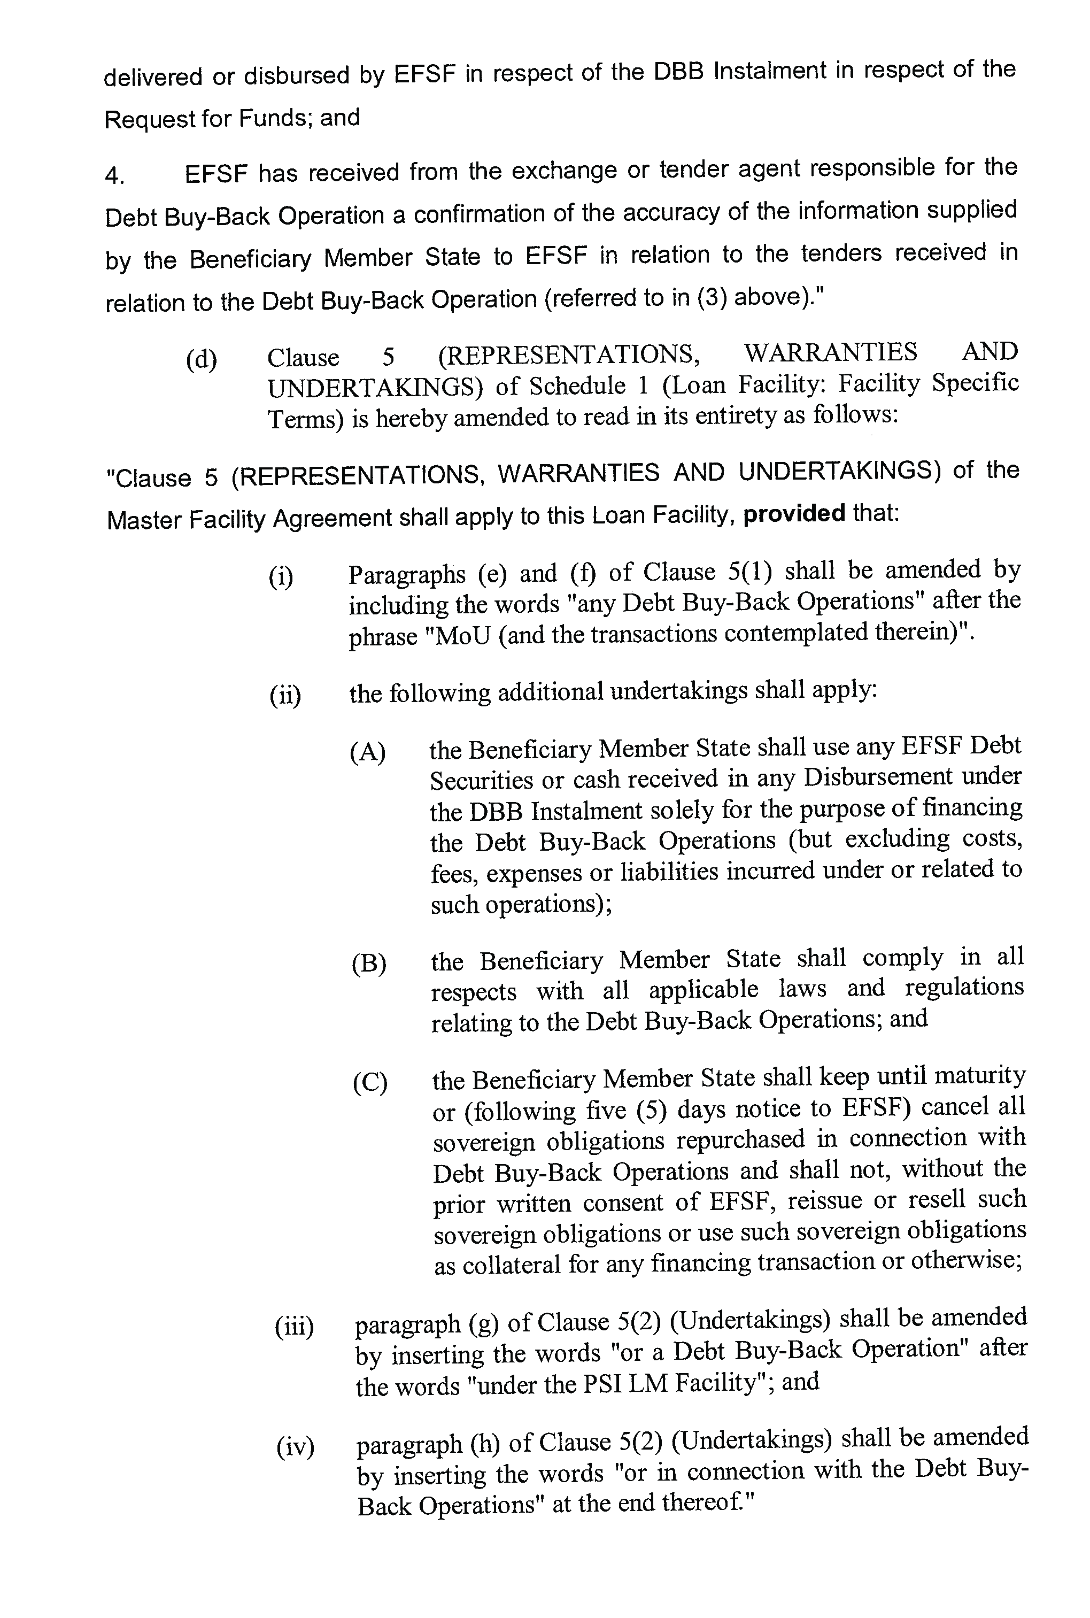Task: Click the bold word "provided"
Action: pos(794,514)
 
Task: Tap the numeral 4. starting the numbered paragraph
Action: pos(115,175)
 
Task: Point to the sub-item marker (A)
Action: pos(368,752)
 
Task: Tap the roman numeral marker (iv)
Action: pos(296,1447)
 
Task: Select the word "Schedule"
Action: pos(576,384)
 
